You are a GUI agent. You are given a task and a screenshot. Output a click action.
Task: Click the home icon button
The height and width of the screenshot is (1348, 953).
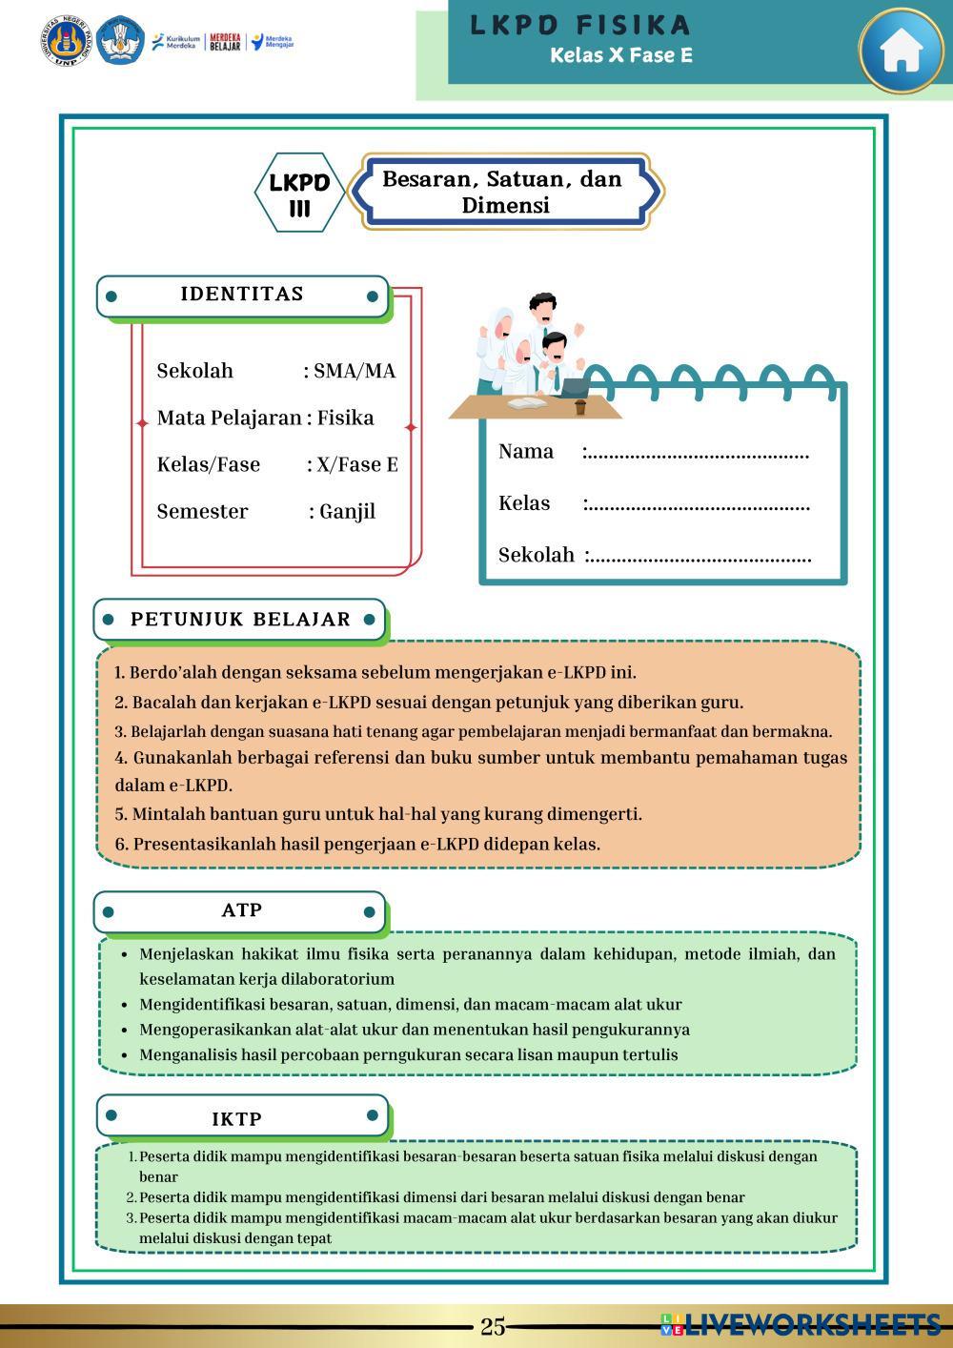901,51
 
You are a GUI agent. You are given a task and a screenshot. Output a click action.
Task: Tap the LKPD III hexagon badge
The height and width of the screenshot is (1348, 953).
299,194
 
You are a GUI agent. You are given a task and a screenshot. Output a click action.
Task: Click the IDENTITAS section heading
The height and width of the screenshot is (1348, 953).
242,295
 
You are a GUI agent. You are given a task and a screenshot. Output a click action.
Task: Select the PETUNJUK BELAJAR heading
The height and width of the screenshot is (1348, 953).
240,620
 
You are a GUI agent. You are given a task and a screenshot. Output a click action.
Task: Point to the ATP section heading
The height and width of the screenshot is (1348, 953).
241,910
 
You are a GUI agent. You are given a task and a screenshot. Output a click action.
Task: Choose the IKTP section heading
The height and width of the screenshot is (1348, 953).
237,1118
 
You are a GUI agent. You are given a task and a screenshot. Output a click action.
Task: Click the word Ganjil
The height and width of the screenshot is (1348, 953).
347,512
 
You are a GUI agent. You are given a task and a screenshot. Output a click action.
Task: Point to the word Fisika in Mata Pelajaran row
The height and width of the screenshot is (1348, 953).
345,418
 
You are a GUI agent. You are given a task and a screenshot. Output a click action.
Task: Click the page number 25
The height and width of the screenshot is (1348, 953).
493,1326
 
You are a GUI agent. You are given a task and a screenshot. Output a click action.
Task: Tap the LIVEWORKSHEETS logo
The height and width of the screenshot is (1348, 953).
800,1324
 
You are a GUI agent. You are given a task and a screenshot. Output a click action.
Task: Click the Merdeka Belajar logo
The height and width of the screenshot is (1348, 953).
225,43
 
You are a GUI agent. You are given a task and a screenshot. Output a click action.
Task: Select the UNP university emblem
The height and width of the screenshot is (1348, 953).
65,41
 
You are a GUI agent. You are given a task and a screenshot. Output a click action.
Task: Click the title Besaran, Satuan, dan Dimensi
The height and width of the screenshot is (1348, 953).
502,192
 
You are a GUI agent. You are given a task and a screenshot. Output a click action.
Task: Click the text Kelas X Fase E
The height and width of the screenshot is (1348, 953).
620,55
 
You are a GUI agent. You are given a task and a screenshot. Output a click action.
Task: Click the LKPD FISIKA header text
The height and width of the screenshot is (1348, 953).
579,25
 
